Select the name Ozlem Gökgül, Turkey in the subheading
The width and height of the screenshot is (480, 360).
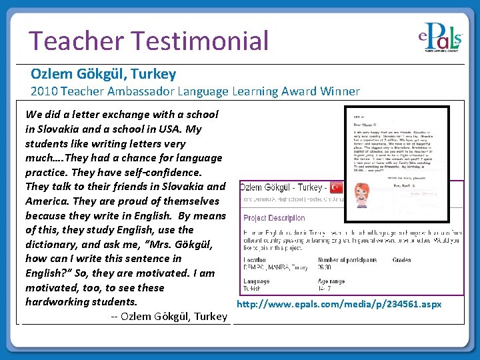click(103, 74)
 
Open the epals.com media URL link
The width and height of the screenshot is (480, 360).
click(339, 304)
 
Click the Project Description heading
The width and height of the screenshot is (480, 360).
click(274, 218)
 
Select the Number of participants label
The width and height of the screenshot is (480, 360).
click(347, 260)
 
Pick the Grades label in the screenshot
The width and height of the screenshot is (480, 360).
click(402, 260)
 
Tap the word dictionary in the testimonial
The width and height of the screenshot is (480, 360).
click(55, 244)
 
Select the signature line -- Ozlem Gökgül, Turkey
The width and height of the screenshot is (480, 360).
click(169, 316)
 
